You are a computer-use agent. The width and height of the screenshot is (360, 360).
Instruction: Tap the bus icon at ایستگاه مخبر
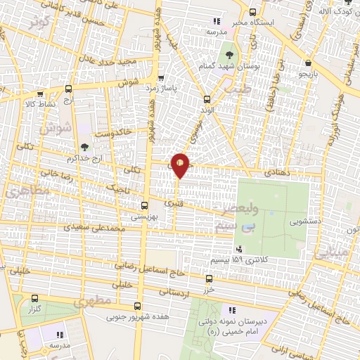(253, 12)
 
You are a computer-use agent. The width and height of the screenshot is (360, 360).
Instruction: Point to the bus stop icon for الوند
(206, 99)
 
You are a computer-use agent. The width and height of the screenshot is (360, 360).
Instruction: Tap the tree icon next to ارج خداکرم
(85, 147)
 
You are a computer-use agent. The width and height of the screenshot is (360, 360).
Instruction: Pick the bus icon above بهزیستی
(144, 206)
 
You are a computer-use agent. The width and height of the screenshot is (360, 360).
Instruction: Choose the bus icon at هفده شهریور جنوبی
(138, 306)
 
